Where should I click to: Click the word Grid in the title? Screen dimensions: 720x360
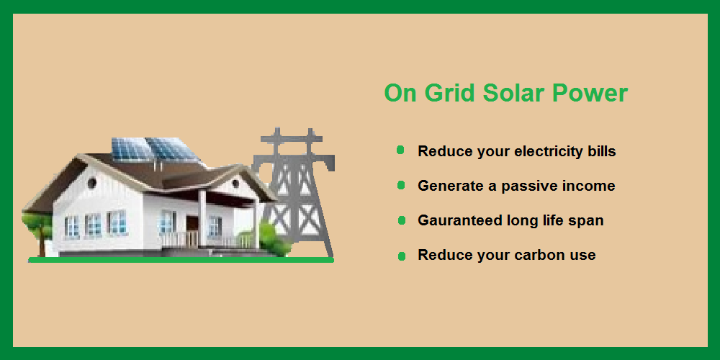(x=449, y=93)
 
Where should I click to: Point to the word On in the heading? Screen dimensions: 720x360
(x=400, y=93)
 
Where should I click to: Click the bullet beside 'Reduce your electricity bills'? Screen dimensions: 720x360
(x=400, y=150)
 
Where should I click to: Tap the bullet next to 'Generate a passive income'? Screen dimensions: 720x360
(x=401, y=185)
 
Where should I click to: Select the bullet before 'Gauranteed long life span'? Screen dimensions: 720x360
(x=402, y=221)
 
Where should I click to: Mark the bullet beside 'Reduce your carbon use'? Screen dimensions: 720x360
(x=402, y=256)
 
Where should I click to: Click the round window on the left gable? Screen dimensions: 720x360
(x=91, y=183)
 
